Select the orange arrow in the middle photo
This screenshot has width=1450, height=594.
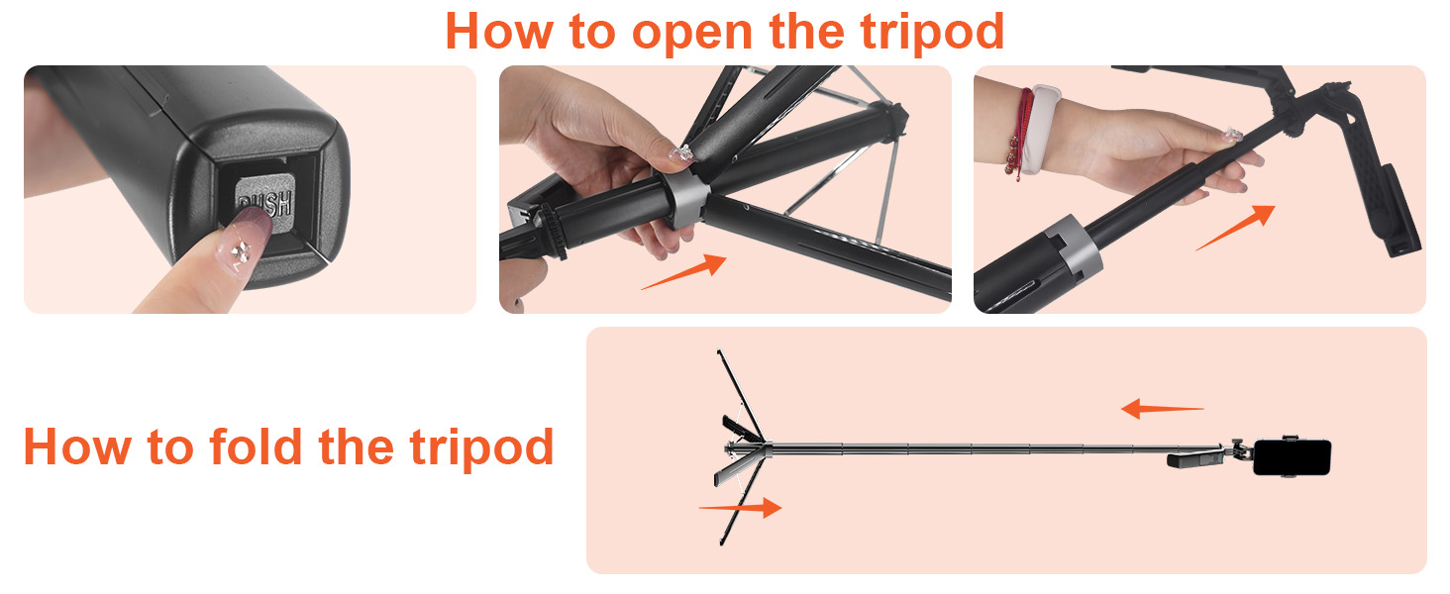(x=684, y=272)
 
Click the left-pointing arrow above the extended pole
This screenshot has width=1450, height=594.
(x=1162, y=408)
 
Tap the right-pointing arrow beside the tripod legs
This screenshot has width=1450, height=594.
(x=740, y=508)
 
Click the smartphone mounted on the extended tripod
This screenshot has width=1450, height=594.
(x=1292, y=457)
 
